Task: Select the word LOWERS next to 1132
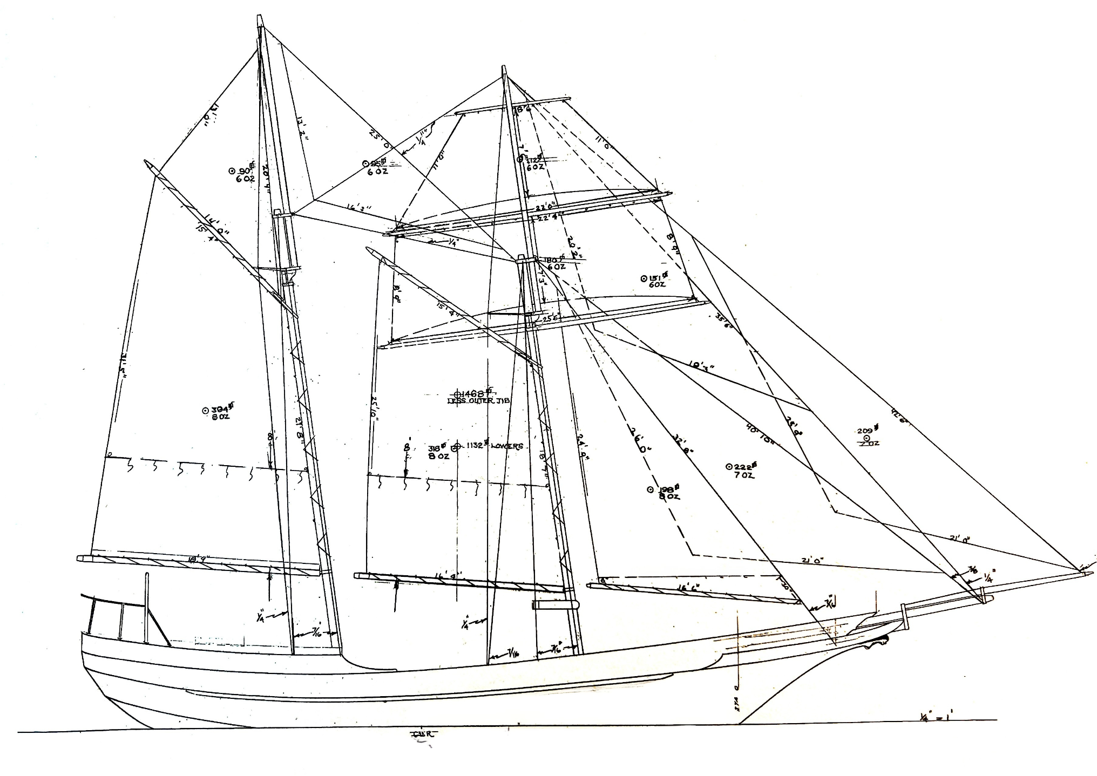507,446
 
